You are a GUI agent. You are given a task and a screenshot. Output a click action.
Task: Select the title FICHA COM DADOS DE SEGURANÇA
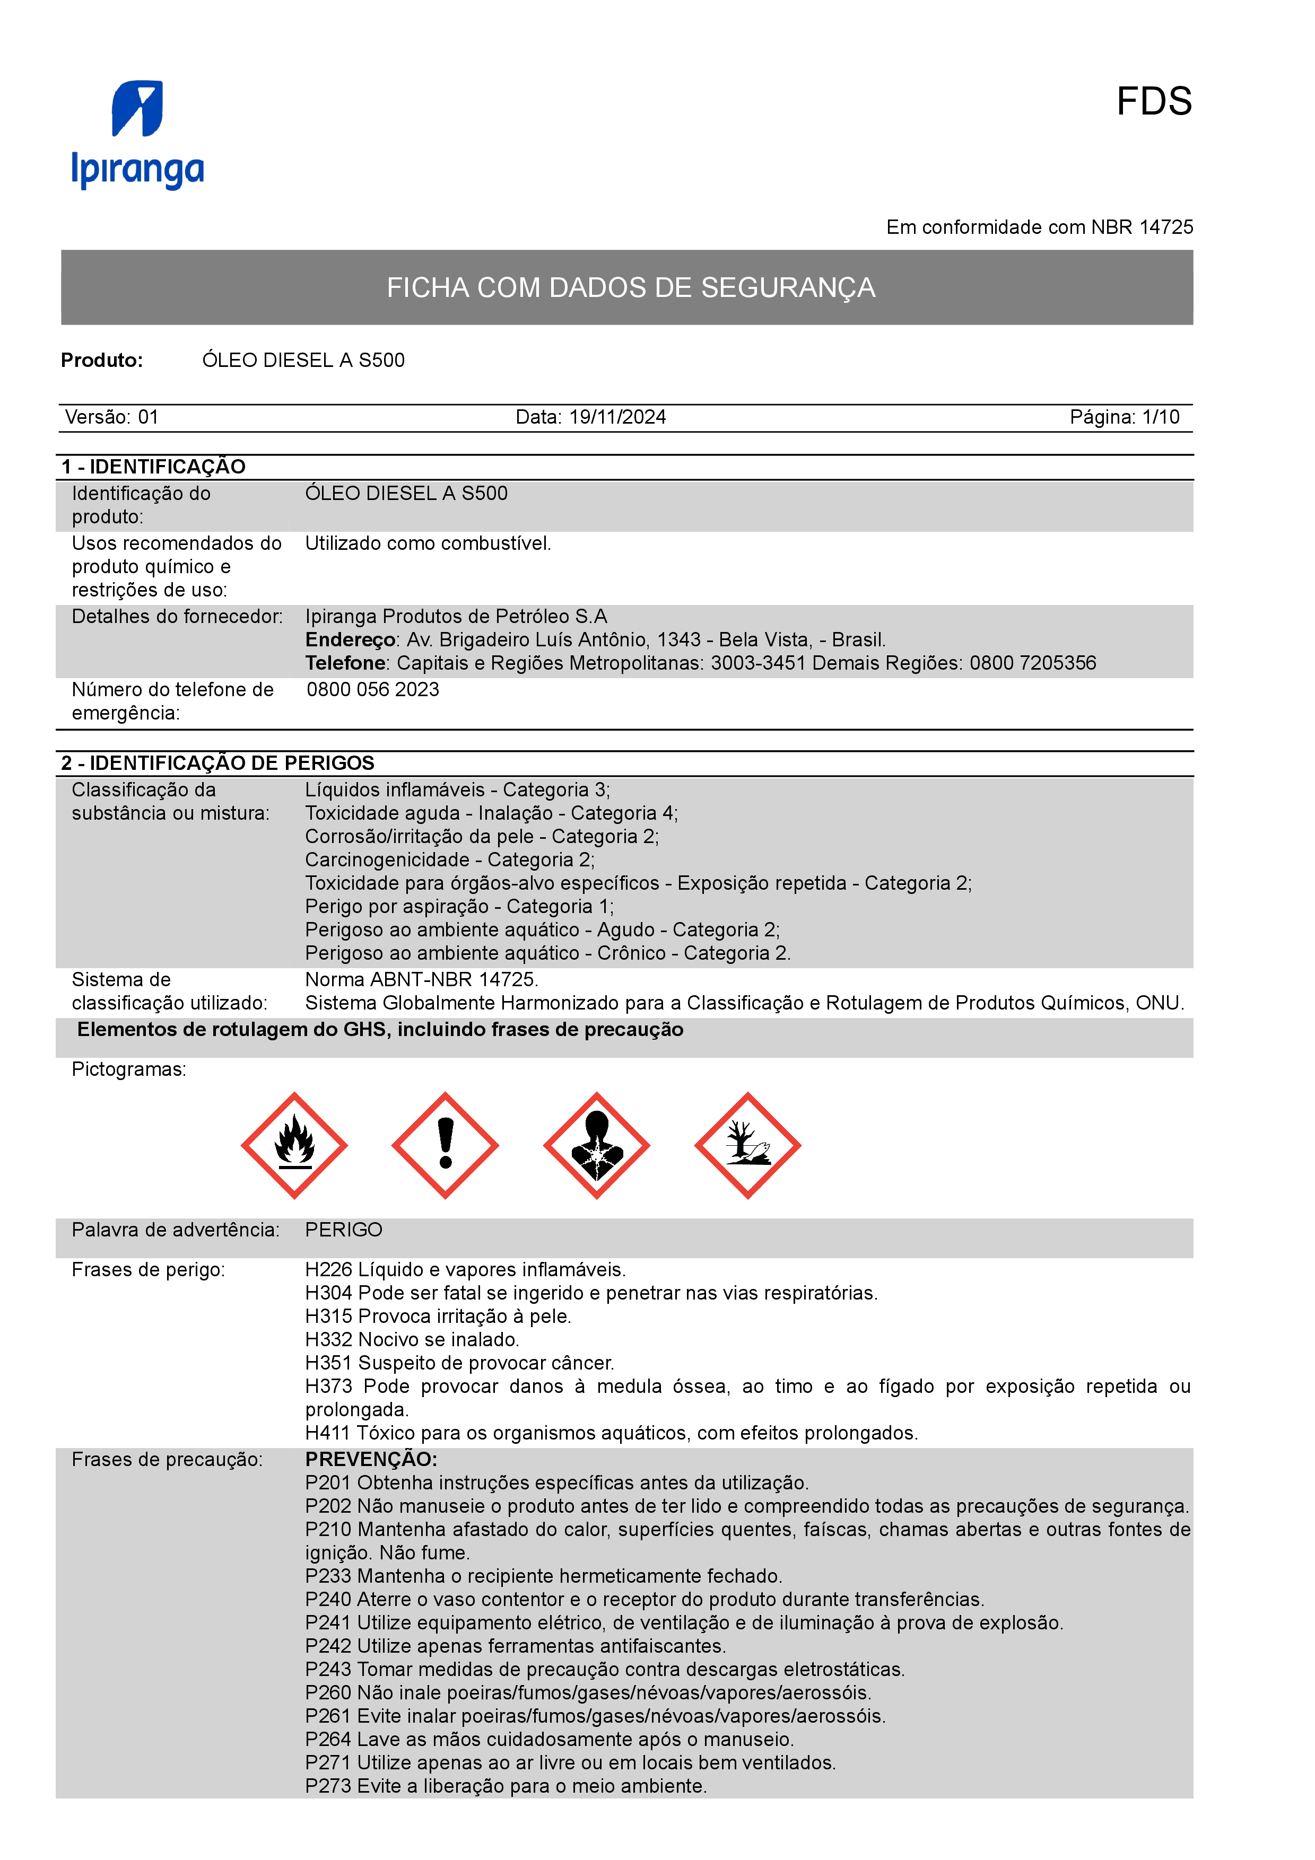pos(630,287)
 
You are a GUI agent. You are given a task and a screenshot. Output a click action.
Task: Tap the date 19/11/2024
pos(617,417)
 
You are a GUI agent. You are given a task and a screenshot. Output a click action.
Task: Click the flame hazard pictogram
pos(294,1145)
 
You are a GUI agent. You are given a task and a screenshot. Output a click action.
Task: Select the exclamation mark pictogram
pos(445,1145)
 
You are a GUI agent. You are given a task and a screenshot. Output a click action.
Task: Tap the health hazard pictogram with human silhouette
pos(596,1145)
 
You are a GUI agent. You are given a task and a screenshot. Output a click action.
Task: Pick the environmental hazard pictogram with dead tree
pos(747,1145)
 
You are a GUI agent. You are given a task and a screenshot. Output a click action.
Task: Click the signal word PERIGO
pos(344,1230)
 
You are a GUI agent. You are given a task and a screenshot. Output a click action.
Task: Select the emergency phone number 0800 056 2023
pos(373,689)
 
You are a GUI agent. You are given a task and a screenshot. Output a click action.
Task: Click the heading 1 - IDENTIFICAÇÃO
pos(153,467)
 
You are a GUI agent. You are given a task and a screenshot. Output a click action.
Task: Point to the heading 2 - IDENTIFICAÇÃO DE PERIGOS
pos(218,763)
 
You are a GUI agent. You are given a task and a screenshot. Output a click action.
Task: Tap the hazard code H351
pos(328,1363)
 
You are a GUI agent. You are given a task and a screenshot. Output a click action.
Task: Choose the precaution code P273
pos(328,1786)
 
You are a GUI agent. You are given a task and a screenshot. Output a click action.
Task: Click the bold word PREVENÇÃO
pos(370,1459)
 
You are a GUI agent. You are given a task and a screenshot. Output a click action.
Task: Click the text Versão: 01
pos(112,417)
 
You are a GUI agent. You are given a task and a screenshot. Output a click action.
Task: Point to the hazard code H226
pos(328,1269)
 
